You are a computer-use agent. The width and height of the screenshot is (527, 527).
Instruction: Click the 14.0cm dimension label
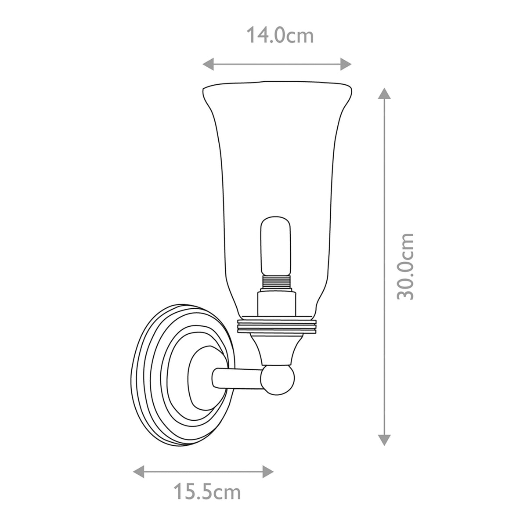(x=280, y=35)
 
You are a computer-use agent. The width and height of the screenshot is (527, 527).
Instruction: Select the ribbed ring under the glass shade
(x=276, y=326)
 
